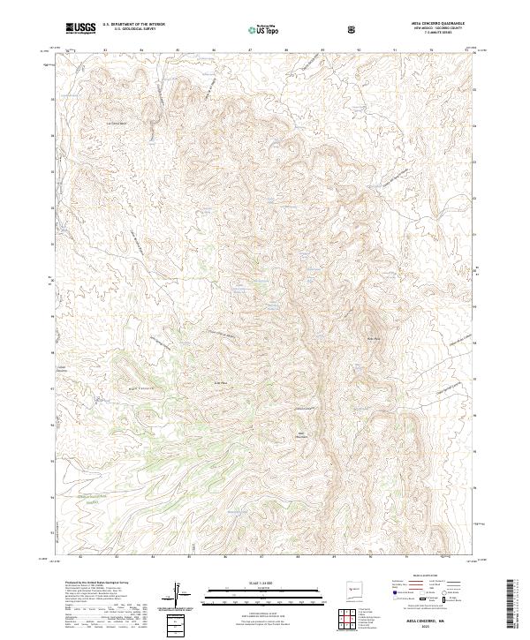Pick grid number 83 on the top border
pos(105,49)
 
